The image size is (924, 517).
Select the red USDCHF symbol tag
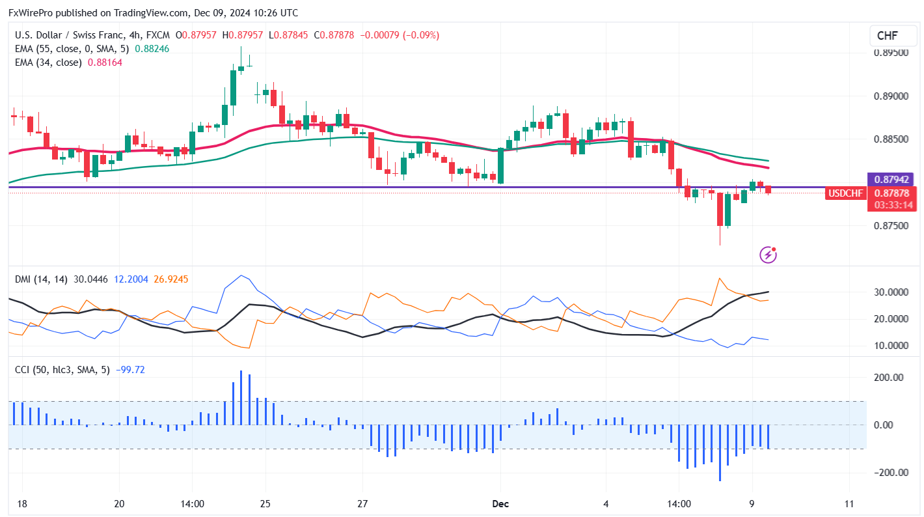tap(845, 193)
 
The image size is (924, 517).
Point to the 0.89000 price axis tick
tap(890, 96)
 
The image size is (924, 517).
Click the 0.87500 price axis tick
tap(890, 226)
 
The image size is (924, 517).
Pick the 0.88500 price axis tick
tap(890, 139)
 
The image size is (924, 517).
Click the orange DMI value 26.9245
tap(171, 279)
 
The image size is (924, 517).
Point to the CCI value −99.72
tap(130, 370)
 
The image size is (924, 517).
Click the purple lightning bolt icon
tap(768, 254)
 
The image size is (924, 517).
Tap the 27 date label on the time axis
tap(363, 503)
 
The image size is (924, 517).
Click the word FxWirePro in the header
tap(31, 13)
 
